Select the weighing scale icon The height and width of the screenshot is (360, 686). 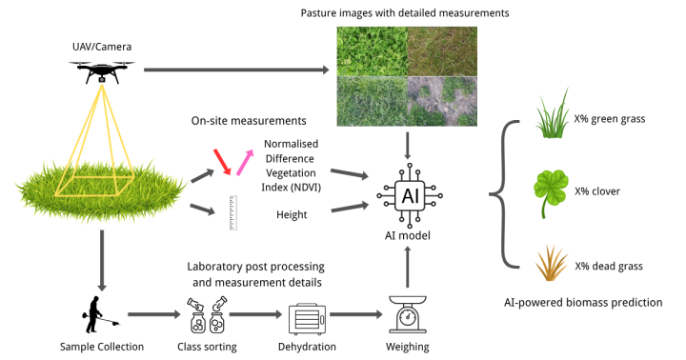pos(408,314)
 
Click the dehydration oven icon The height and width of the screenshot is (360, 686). pos(307,316)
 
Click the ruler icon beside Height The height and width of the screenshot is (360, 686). pos(232,213)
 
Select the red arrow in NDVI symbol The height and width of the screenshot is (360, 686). pos(223,161)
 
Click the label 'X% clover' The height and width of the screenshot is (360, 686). pos(597,191)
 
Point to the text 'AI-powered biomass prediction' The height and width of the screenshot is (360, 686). pos(583,302)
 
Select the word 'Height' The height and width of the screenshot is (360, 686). pos(292,215)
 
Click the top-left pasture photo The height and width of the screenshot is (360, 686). pos(372,51)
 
